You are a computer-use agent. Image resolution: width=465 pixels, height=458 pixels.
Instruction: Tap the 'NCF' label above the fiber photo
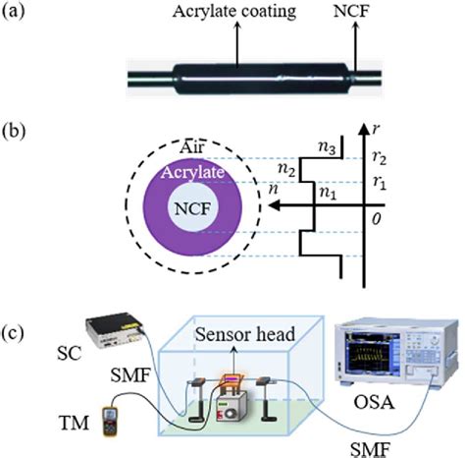coord(325,12)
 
